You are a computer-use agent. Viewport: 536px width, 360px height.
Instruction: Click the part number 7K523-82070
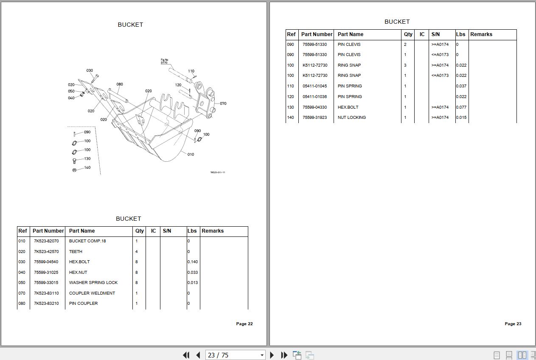click(46, 241)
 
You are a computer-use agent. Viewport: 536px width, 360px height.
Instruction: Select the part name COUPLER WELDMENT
click(92, 293)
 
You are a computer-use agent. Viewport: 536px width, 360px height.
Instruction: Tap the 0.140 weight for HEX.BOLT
click(192, 262)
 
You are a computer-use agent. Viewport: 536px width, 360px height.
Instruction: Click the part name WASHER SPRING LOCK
click(93, 283)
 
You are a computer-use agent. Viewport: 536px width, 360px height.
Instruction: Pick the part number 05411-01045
click(314, 86)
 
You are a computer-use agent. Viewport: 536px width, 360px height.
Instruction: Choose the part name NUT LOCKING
click(351, 118)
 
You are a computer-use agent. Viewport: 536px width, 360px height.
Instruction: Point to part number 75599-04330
click(314, 107)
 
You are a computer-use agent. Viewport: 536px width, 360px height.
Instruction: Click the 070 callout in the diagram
click(223, 104)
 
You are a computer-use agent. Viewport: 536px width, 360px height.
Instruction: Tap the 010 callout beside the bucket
click(191, 155)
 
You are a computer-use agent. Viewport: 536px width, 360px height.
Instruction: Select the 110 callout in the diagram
click(191, 71)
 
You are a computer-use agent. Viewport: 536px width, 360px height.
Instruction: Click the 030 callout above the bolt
click(90, 71)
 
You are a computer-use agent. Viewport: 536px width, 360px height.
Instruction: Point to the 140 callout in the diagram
click(87, 168)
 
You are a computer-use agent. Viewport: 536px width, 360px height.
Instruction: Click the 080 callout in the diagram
click(120, 84)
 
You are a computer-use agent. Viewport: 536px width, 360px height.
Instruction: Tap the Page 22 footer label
click(244, 324)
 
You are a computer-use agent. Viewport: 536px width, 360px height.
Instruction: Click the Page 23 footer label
click(513, 324)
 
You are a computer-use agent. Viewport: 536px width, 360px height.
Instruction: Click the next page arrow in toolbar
click(272, 355)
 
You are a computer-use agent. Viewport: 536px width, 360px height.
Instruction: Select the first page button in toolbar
click(186, 355)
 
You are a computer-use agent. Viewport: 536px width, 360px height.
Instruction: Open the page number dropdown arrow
click(262, 355)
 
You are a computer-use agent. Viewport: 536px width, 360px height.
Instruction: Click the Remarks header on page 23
click(481, 34)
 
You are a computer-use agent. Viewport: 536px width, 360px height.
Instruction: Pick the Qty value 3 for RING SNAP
click(405, 65)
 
